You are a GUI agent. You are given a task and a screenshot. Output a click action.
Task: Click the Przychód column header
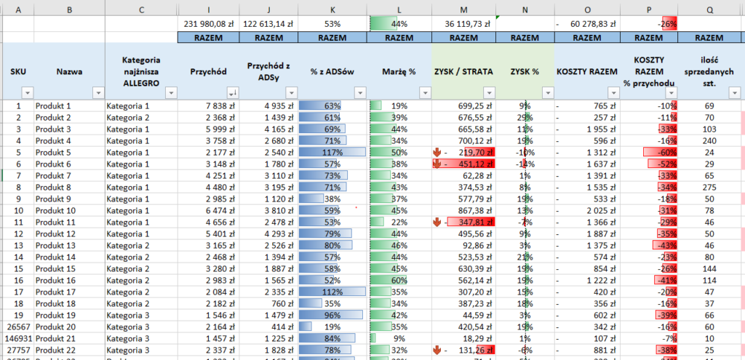[208, 71]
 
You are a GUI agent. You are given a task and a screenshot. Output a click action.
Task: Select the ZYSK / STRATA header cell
[464, 71]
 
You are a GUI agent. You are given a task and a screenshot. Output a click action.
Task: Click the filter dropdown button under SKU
[28, 92]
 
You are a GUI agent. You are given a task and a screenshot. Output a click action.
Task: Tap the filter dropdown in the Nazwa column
[98, 92]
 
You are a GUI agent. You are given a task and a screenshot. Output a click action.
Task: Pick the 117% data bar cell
[332, 152]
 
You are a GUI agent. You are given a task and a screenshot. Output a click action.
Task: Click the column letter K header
[332, 9]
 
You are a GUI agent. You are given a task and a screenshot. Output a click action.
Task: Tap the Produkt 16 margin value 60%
[399, 281]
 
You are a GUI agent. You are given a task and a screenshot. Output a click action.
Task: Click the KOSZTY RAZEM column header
[587, 71]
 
